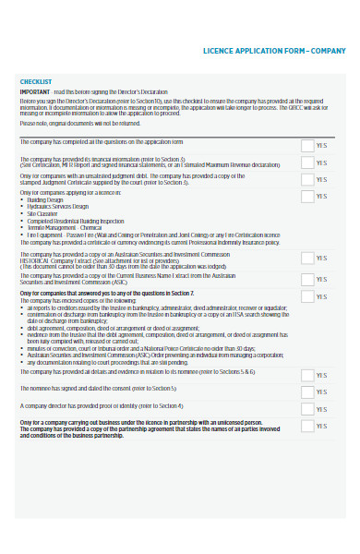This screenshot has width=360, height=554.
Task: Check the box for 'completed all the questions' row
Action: pyautogui.click(x=306, y=145)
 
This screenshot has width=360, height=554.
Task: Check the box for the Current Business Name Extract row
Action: pyautogui.click(x=306, y=279)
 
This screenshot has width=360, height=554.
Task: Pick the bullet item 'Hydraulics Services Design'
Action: pyautogui.click(x=59, y=207)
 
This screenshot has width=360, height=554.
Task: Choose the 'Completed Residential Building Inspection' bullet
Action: pyautogui.click(x=76, y=222)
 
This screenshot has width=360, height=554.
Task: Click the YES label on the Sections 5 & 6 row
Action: pyautogui.click(x=321, y=376)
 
